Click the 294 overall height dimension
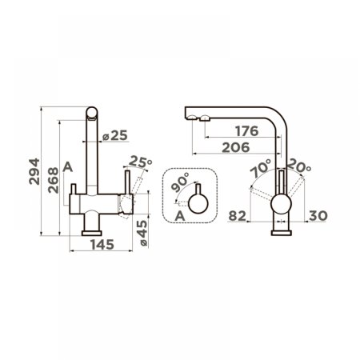point(34,171)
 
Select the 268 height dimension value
point(53,180)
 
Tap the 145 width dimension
point(102,245)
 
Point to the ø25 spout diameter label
point(115,135)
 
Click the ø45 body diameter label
point(142,233)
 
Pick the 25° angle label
point(141,162)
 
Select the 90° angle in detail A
point(180,182)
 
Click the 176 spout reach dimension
point(247,131)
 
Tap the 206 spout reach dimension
point(236,147)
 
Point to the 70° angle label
point(261,168)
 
